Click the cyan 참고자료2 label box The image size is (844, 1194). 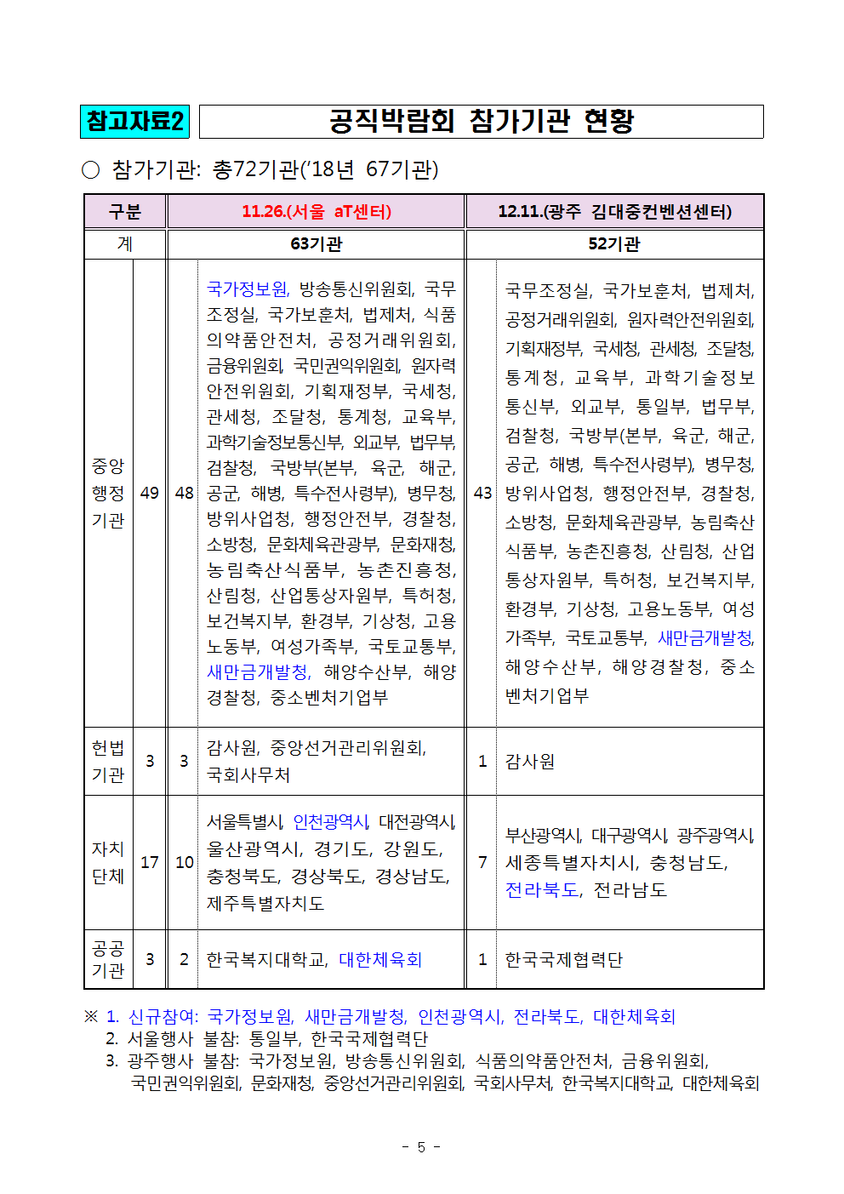pos(134,121)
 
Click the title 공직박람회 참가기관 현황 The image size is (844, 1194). pos(482,121)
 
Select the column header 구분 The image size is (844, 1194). pos(125,211)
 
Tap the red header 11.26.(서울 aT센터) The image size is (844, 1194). pos(316,211)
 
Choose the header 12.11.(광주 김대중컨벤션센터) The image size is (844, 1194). pos(614,211)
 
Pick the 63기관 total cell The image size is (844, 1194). pos(316,244)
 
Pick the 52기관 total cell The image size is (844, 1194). pos(614,244)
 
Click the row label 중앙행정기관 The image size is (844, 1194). pos(108,493)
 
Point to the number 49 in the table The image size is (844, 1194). pos(150,493)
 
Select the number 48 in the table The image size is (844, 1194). pos(184,493)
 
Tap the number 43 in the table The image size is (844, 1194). pos(482,493)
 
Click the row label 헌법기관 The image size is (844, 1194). pos(108,761)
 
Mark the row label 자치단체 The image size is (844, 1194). pos(108,862)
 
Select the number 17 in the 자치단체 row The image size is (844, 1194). pos(150,862)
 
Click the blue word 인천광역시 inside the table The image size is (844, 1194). pos(330,821)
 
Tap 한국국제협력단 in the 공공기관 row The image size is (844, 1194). pos(563,959)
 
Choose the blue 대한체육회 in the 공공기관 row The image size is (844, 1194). pos(380,959)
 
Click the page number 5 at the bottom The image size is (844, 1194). pos(421,1147)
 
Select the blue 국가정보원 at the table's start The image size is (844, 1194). pos(248,289)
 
